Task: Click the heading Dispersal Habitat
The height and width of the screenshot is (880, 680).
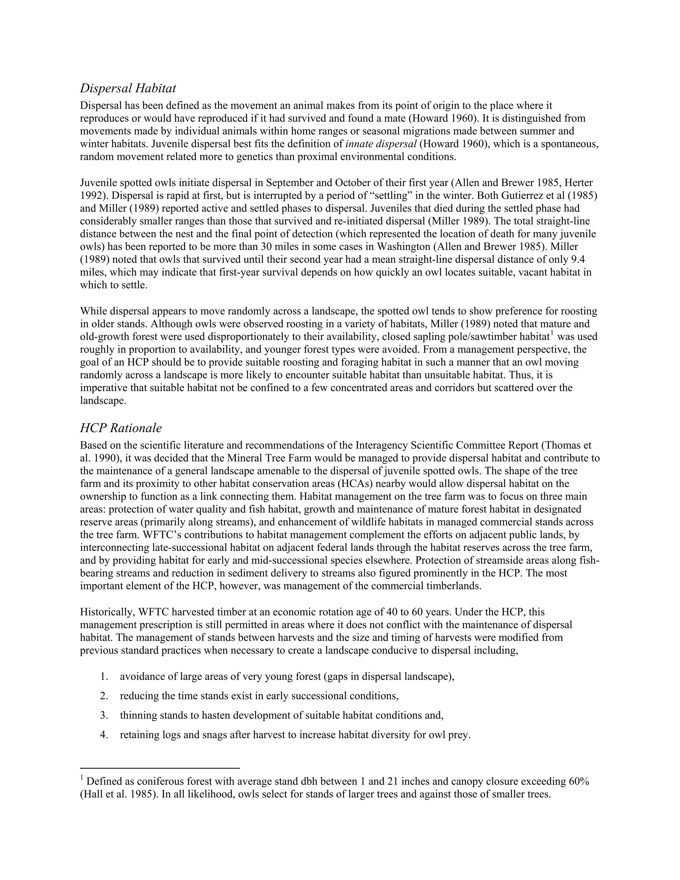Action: pyautogui.click(x=128, y=88)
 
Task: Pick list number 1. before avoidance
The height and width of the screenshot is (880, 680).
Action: pyautogui.click(x=104, y=676)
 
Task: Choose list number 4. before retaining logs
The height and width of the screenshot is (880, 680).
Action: pyautogui.click(x=104, y=735)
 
